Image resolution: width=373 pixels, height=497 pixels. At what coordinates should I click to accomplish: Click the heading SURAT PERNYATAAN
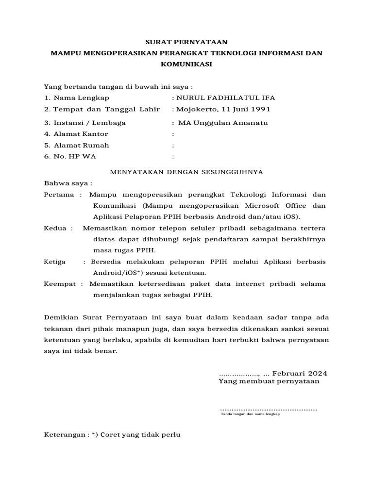pyautogui.click(x=187, y=42)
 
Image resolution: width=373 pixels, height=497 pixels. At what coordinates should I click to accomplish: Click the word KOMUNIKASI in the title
pyautogui.click(x=187, y=64)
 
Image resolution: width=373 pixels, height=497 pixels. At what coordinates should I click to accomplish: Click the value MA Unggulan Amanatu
pyautogui.click(x=223, y=123)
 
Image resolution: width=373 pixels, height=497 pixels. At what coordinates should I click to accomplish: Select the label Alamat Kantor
pyautogui.click(x=80, y=134)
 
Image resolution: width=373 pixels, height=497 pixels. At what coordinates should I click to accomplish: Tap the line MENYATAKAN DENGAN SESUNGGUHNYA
pyautogui.click(x=186, y=172)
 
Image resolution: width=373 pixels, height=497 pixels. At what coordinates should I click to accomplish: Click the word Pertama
pyautogui.click(x=59, y=195)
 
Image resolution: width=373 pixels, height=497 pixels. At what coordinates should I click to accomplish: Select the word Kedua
pyautogui.click(x=56, y=228)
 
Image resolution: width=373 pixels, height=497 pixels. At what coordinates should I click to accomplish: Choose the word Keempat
pyautogui.click(x=60, y=283)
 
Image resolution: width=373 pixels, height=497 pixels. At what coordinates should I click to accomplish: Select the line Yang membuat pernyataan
pyautogui.click(x=269, y=381)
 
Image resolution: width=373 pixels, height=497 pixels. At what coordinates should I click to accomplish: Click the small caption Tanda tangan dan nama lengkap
pyautogui.click(x=251, y=414)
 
